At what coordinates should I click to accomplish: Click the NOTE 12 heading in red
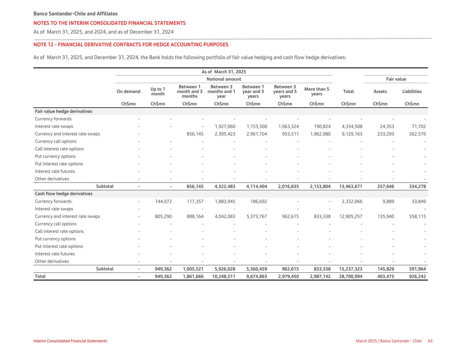coord(131,45)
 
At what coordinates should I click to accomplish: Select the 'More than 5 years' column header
coord(316,91)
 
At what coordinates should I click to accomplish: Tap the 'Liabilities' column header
coord(412,91)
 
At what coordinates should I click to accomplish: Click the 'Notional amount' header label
coord(224,79)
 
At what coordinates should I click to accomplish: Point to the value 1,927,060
coord(225,127)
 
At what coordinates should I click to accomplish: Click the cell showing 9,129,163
coord(352,134)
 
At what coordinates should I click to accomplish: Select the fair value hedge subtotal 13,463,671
coord(351,187)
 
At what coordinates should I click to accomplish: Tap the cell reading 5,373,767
coord(255,217)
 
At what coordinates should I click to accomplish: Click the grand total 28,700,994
coord(351,276)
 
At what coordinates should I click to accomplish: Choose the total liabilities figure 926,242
coord(417,276)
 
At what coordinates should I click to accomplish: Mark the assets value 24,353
coord(387,127)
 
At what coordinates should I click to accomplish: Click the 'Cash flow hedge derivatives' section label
coord(63,194)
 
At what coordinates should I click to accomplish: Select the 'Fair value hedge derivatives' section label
coord(63,112)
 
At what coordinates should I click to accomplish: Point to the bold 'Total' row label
coord(40,276)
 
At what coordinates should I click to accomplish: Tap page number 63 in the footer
coord(430,341)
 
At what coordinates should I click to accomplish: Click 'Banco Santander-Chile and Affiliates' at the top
coord(75,14)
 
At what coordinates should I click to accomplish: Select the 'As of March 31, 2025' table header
coord(224,72)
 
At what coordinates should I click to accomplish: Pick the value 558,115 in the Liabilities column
coord(417,217)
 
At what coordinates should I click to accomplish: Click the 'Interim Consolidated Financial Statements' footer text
coord(70,341)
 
